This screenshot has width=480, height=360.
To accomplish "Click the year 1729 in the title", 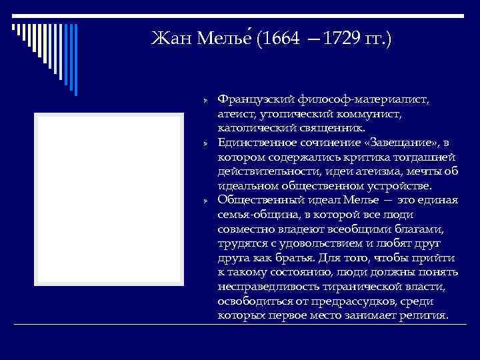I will click(342, 39).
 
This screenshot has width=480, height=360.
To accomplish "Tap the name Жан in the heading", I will click(171, 39).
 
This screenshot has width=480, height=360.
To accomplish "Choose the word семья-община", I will click(251, 214).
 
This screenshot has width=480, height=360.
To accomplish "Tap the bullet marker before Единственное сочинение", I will click(207, 143).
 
